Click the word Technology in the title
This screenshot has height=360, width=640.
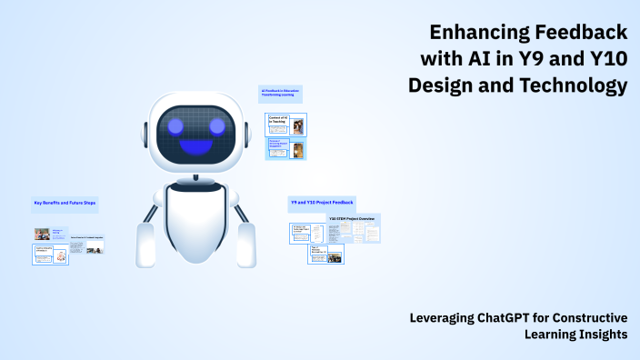575,86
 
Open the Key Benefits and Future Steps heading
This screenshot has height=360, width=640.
64,203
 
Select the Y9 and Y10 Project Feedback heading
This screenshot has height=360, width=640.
321,201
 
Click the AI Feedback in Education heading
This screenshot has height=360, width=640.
280,92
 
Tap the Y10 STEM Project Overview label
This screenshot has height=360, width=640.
353,219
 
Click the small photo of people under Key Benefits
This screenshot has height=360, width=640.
42,234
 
